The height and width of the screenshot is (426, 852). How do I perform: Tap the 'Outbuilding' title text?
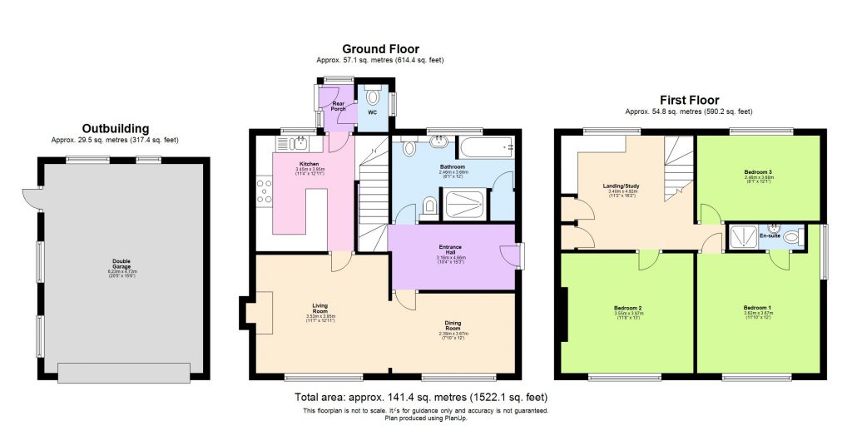point(115,128)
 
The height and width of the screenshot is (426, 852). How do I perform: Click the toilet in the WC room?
point(372,89)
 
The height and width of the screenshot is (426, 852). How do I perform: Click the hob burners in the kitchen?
point(264,193)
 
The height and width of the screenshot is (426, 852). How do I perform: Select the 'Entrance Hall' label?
point(455,249)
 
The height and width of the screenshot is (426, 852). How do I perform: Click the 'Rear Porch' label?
point(337,106)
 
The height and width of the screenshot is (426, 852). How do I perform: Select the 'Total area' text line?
point(426,397)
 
